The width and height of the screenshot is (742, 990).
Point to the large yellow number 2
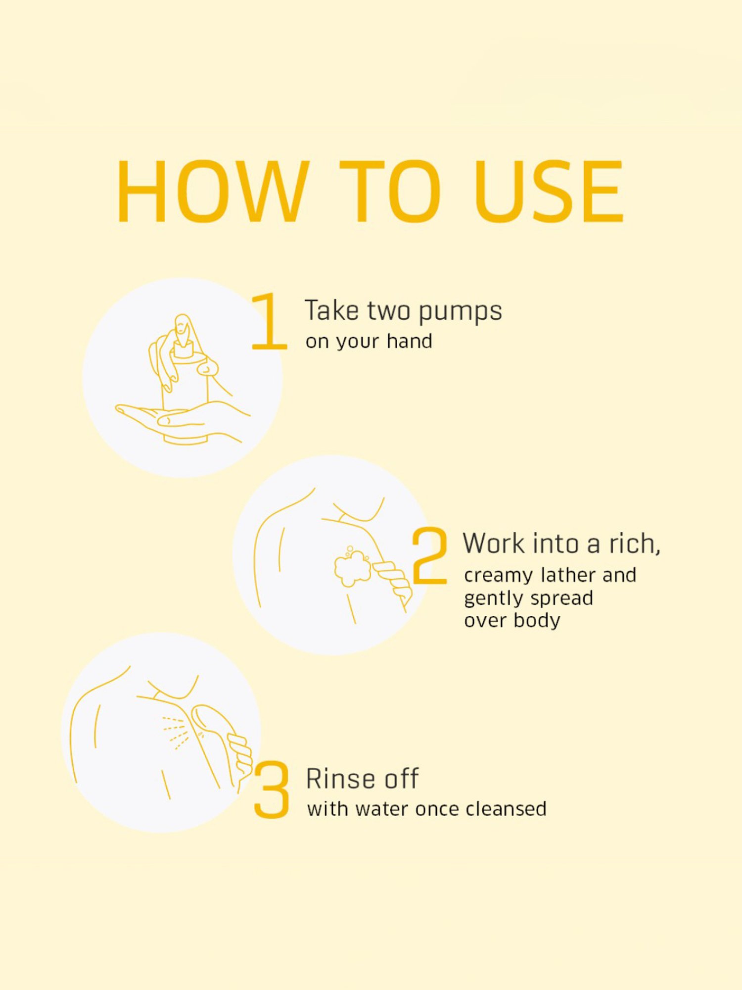pyautogui.click(x=429, y=555)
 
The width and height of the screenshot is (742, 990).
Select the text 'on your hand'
pyautogui.click(x=369, y=342)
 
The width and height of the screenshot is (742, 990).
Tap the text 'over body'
pyautogui.click(x=512, y=620)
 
